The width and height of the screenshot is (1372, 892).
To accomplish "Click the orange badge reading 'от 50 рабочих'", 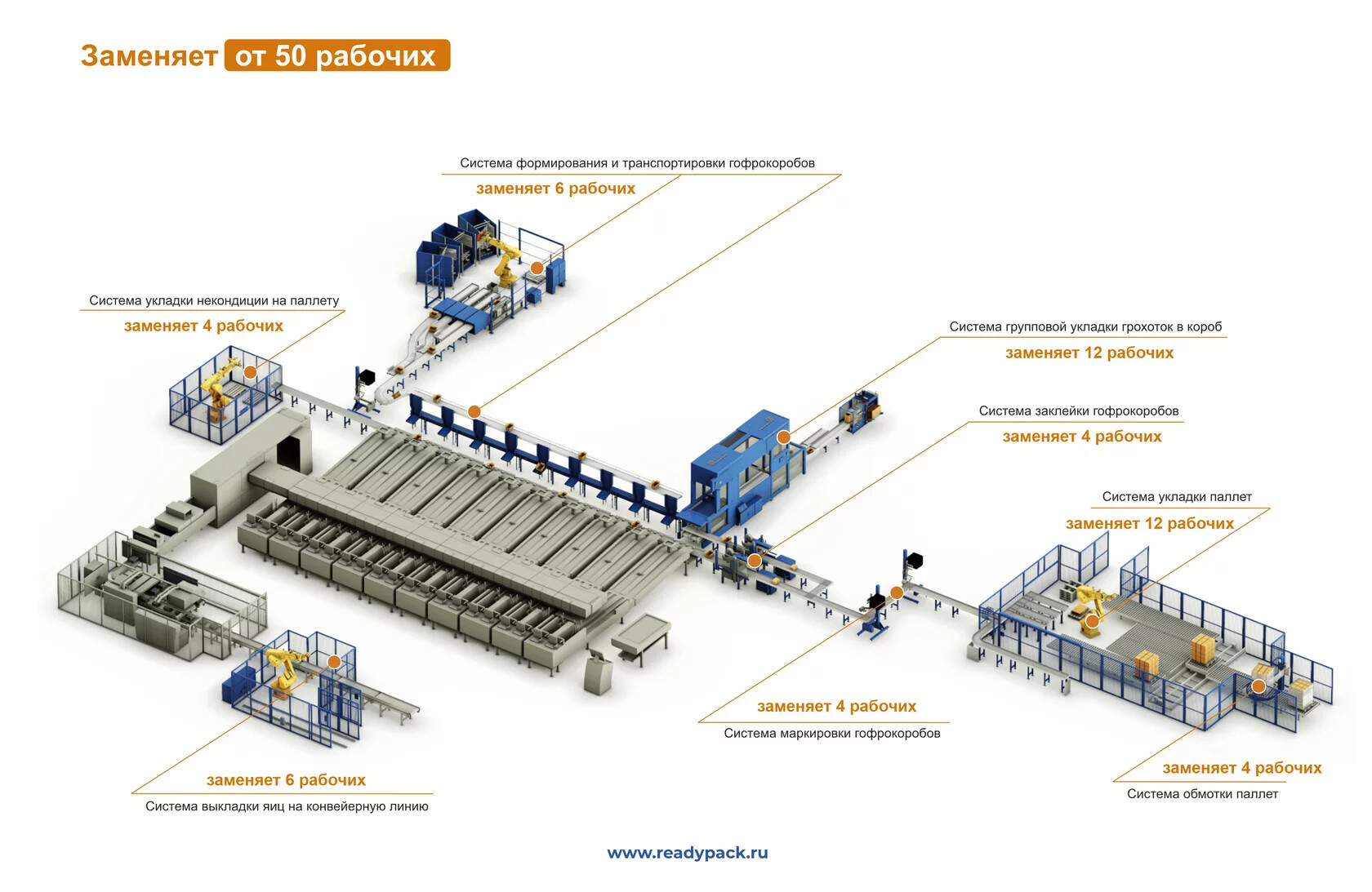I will (x=336, y=55).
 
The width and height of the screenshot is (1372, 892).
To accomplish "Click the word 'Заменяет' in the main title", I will (x=149, y=55).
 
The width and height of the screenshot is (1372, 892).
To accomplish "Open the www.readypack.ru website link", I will (x=687, y=853).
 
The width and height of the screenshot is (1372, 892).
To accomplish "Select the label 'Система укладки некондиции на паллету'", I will (x=214, y=300).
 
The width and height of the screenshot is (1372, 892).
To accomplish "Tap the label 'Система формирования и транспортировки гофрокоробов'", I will (x=637, y=163).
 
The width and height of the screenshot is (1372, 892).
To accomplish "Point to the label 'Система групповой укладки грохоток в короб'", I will (x=1085, y=326).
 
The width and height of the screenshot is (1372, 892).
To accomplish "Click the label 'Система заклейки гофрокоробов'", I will (x=1079, y=410).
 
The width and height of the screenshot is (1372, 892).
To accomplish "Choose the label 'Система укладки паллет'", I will (x=1176, y=496).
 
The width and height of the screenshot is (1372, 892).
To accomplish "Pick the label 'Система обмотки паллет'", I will (x=1202, y=794).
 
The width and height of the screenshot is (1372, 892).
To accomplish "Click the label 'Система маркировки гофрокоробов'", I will (x=831, y=733).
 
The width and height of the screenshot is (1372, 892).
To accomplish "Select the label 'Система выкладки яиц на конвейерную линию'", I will (x=287, y=806).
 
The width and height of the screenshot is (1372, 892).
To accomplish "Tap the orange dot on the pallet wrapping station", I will (x=1258, y=686).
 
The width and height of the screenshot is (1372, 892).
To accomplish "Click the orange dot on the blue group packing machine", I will (x=783, y=437).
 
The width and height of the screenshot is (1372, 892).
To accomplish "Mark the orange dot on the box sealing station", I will (x=755, y=561).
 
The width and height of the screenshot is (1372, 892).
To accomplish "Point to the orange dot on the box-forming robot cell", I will (x=537, y=268).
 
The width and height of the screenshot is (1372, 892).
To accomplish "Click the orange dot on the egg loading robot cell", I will (x=334, y=662).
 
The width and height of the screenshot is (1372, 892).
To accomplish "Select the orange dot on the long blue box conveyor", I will (x=474, y=411).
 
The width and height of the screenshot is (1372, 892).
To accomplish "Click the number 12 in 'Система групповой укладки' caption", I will (x=1093, y=353).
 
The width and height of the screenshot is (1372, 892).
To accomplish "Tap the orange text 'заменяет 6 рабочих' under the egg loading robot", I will (x=286, y=779).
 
